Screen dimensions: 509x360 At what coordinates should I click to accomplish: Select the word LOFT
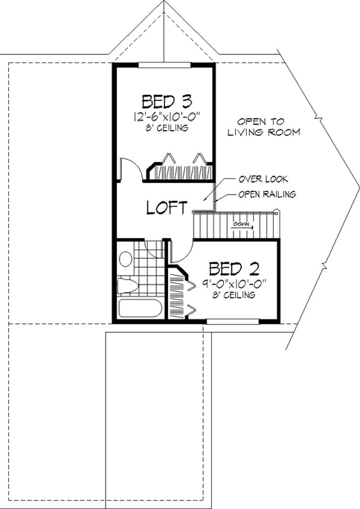pos(167,207)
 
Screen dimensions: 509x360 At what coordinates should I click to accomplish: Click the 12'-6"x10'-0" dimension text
pos(166,117)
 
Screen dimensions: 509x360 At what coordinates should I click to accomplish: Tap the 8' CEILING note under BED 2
pos(234,295)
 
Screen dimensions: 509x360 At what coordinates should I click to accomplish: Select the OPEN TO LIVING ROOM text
pos(263,127)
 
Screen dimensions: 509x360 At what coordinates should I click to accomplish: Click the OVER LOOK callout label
pos(263,179)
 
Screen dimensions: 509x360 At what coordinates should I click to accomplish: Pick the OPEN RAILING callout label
pos(266,194)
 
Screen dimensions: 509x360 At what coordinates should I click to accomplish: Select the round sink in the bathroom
pos(126,260)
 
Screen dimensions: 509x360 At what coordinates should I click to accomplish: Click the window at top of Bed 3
pos(164,66)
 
